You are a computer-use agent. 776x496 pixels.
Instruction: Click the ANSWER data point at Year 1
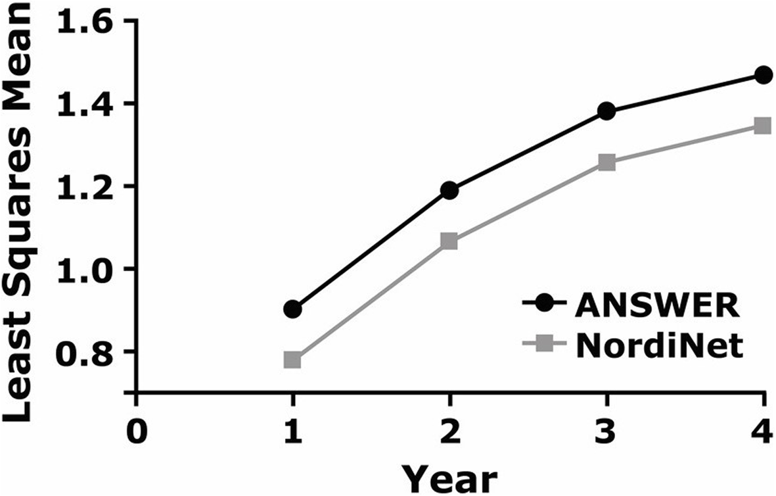293,309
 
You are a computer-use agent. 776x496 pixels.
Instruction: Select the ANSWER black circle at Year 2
449,191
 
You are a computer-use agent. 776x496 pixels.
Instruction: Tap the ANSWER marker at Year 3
606,111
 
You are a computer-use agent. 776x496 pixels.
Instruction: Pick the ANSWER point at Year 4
763,74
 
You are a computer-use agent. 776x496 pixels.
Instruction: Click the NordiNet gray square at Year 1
293,360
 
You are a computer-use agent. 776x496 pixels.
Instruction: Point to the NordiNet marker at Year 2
449,241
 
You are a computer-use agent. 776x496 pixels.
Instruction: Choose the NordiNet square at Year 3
606,162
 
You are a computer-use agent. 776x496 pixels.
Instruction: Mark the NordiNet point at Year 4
763,125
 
